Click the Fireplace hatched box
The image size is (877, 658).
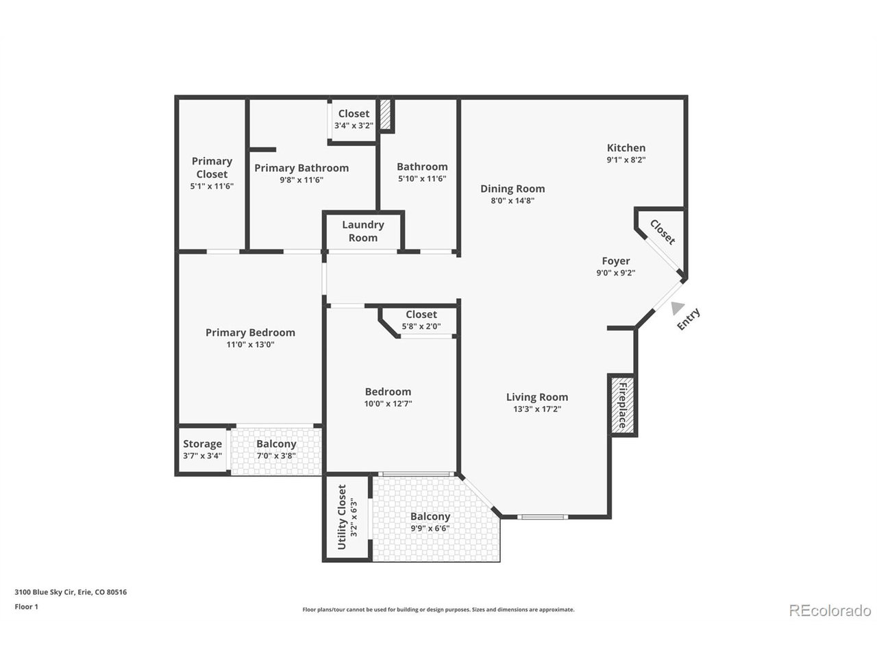click(623, 405)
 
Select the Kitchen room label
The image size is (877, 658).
click(626, 148)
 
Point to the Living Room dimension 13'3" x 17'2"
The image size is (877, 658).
click(537, 409)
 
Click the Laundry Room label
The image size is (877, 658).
click(362, 231)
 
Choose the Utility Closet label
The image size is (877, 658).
click(342, 517)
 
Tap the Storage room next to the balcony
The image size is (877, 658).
click(202, 449)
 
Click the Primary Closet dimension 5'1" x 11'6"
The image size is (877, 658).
click(212, 186)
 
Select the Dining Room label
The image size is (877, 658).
click(512, 189)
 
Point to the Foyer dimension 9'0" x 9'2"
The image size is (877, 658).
click(615, 273)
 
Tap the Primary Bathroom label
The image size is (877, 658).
click(301, 168)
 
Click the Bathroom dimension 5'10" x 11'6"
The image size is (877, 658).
click(422, 179)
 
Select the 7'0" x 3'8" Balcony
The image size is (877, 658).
click(276, 449)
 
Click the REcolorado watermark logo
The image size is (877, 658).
click(830, 610)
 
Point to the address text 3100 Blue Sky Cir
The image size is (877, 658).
click(71, 592)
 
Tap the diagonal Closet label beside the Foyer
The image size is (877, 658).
click(662, 232)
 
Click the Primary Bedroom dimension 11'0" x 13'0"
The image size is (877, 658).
click(250, 345)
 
